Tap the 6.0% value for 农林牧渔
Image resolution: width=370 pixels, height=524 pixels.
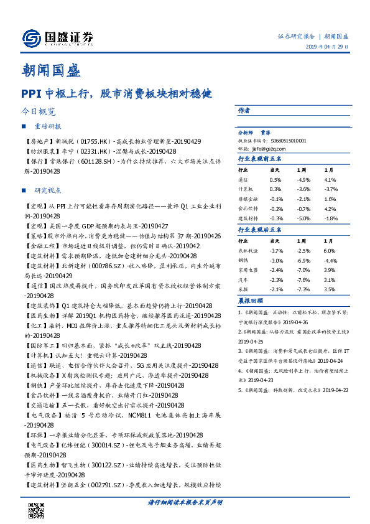(x=330, y=250)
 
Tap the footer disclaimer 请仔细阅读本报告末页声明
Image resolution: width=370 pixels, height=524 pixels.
(x=185, y=502)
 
